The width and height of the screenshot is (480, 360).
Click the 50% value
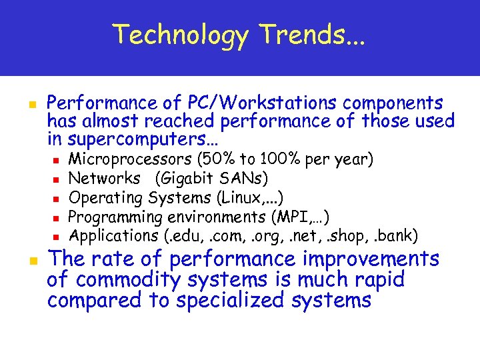[x=217, y=160]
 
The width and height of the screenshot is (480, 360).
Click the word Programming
[x=116, y=217]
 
